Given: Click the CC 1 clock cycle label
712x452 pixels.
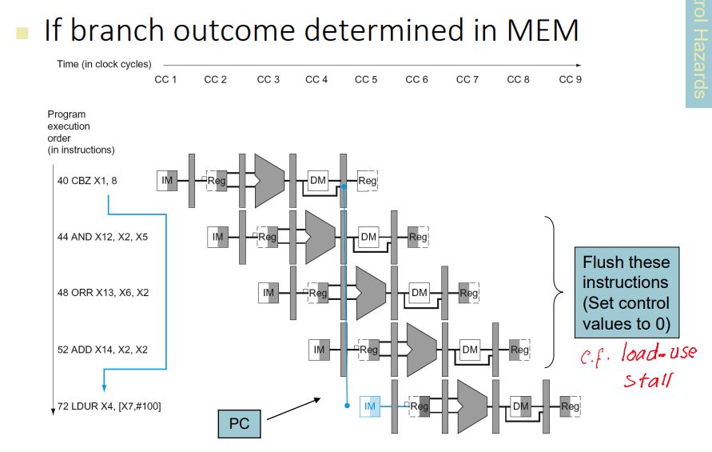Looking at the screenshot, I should click(165, 79).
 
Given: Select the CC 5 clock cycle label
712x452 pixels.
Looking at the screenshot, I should click(366, 79).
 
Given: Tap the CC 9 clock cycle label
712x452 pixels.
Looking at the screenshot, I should click(571, 79).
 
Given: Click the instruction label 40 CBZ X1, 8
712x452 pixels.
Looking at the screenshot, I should click(87, 181).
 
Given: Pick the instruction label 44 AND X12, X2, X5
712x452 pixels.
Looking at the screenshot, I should click(102, 237).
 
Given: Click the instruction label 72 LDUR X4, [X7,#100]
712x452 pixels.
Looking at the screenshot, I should click(109, 406).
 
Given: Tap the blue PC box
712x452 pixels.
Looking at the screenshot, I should click(240, 424).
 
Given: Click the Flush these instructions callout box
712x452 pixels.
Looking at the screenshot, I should click(626, 293).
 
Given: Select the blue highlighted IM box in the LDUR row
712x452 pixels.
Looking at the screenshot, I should click(369, 406).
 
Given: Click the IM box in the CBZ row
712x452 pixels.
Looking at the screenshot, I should click(167, 181).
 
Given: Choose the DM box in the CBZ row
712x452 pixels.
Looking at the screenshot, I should click(318, 181).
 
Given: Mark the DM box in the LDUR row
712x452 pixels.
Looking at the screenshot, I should click(520, 406).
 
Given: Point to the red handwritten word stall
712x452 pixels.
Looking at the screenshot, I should click(646, 378).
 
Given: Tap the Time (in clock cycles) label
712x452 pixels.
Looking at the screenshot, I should click(104, 64).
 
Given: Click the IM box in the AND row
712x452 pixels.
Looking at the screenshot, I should click(218, 237).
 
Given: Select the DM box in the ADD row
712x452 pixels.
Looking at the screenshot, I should click(470, 350).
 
